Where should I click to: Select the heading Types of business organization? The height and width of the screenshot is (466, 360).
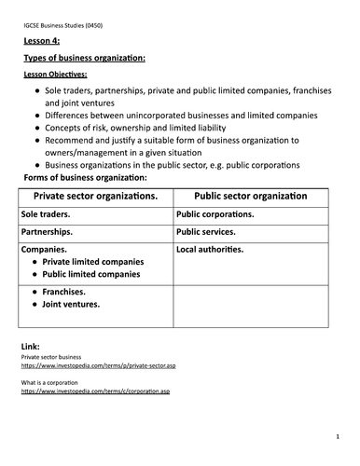[84, 59]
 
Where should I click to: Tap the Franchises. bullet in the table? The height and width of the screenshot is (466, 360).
[65, 292]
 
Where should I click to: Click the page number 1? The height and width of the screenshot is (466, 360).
[337, 436]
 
